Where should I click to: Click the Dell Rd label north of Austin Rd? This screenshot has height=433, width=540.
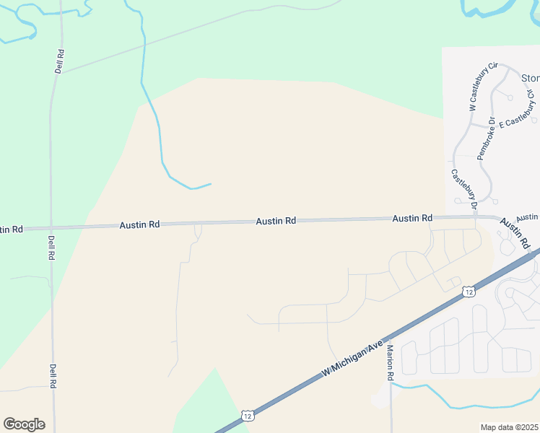click(x=60, y=61)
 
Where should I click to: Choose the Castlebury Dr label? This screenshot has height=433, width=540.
click(x=465, y=190)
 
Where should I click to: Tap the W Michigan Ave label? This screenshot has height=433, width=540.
click(x=353, y=358)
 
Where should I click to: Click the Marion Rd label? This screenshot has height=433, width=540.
click(x=390, y=362)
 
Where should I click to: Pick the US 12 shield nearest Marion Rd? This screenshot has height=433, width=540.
click(x=469, y=291)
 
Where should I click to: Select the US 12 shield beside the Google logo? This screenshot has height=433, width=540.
click(x=248, y=416)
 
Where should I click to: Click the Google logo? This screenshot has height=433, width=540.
click(x=24, y=424)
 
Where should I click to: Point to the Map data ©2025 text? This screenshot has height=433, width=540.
click(x=509, y=427)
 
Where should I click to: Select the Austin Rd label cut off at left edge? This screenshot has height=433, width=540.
click(x=11, y=229)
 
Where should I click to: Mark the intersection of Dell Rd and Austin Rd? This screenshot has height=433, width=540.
click(x=51, y=227)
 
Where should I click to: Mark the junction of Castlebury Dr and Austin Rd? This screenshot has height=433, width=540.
click(x=476, y=217)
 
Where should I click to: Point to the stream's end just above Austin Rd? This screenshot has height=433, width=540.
click(x=211, y=183)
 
